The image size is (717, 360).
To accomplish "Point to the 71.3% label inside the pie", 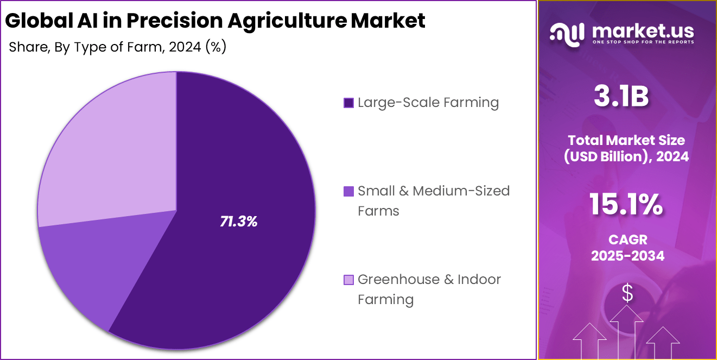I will tap(238, 221).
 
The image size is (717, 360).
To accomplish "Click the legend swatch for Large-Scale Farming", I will tap(348, 103).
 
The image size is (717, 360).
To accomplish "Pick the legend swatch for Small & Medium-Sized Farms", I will tap(348, 191).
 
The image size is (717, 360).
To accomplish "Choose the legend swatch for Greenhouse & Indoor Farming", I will tap(348, 280).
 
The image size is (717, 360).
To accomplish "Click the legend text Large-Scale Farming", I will tap(428, 102).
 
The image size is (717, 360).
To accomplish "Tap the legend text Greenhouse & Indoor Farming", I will tap(429, 289).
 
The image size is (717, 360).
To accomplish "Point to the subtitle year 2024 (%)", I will tap(198, 47).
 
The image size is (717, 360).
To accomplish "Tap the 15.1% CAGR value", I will tap(627, 205).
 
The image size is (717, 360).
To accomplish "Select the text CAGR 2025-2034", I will tap(627, 248).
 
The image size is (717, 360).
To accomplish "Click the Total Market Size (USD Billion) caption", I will tap(627, 148).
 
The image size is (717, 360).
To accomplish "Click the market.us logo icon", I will tap(567, 33).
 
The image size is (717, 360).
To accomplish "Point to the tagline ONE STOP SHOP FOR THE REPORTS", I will tap(643, 42).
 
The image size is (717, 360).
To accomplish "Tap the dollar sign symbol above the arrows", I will tap(627, 294).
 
